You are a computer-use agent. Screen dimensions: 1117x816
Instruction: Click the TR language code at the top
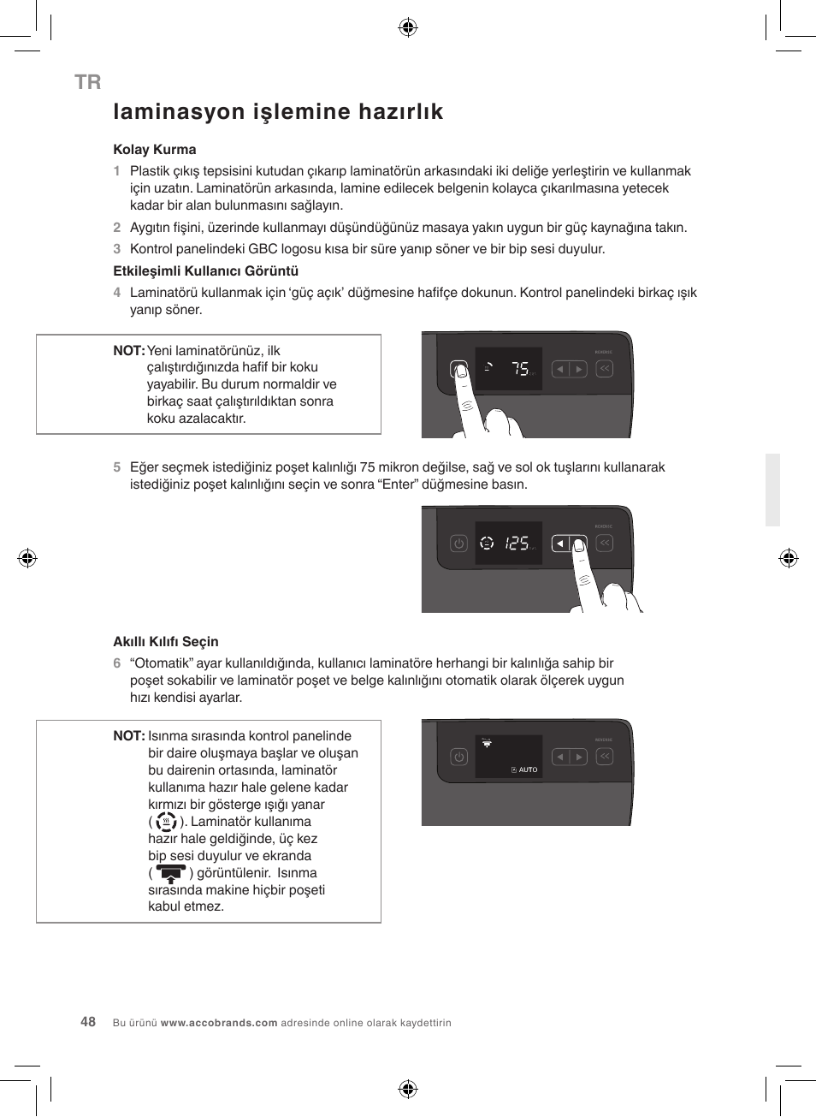[x=87, y=82]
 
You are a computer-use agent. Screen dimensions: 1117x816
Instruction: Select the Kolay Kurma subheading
[x=155, y=150]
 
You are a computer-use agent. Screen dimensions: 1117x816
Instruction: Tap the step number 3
[x=117, y=249]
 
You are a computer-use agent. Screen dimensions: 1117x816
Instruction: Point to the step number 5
[x=117, y=467]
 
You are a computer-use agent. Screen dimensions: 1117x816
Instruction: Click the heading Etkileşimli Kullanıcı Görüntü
[x=205, y=271]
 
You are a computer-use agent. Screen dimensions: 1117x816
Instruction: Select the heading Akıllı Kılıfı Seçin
[x=166, y=642]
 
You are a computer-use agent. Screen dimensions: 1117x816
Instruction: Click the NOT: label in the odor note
[x=128, y=351]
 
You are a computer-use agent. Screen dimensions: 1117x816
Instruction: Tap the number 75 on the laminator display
[x=520, y=369]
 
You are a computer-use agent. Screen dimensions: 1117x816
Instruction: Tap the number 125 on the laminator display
[x=517, y=544]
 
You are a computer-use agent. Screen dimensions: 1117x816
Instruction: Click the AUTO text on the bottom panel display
[x=528, y=769]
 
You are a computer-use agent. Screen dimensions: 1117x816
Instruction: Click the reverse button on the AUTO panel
[x=605, y=757]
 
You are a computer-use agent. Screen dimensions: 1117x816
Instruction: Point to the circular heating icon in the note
[x=166, y=822]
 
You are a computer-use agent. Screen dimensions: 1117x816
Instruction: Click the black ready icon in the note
[x=171, y=874]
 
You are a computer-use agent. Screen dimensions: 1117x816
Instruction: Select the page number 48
[x=88, y=1022]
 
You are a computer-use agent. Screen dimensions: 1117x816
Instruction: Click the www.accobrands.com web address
[x=219, y=1023]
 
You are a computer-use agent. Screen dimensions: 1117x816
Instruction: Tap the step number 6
[x=117, y=663]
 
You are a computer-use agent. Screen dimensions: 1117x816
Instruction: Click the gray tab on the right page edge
[x=772, y=490]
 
